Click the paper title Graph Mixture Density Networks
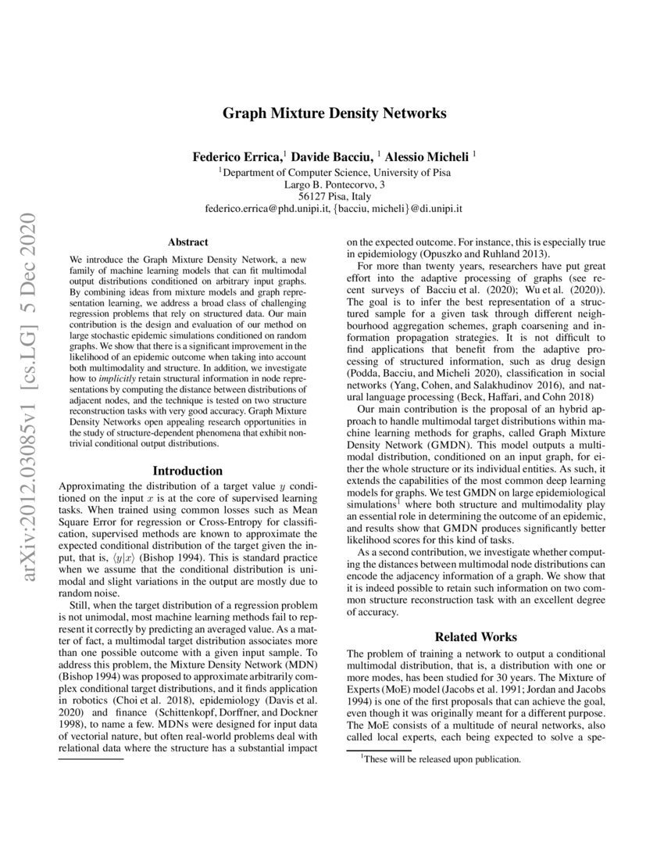334,113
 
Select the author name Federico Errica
237,157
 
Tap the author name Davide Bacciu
321,157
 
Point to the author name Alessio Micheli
428,157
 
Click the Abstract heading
188,242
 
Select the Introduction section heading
187,471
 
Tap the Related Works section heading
476,637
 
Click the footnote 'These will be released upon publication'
440,758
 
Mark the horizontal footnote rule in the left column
91,758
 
